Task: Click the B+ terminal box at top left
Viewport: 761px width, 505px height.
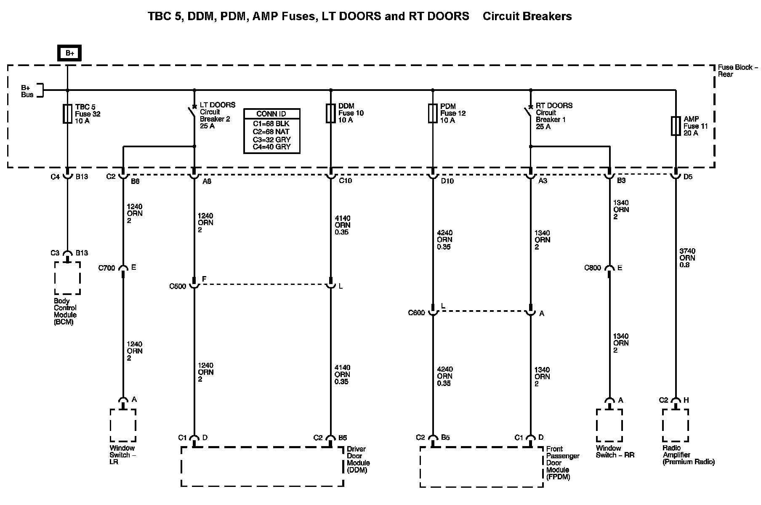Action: click(x=69, y=53)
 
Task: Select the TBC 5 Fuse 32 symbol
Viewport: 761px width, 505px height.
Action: click(x=67, y=114)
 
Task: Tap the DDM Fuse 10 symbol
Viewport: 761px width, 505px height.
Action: click(x=331, y=113)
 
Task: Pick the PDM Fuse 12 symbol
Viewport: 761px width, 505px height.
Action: click(x=433, y=114)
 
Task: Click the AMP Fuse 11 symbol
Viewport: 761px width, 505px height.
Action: click(x=676, y=126)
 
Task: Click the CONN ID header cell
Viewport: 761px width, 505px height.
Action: click(x=271, y=114)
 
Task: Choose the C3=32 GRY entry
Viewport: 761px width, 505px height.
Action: click(x=271, y=139)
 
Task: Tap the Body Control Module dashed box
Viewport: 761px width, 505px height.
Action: click(x=67, y=278)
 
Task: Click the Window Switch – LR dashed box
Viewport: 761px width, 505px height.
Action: click(x=123, y=425)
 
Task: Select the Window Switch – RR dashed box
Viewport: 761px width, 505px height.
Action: click(x=609, y=425)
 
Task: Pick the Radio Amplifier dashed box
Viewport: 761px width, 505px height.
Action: click(x=675, y=425)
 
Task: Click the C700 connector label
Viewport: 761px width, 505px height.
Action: click(x=106, y=268)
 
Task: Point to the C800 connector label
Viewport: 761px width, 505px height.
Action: click(x=593, y=268)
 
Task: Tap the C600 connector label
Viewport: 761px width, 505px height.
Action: click(x=417, y=313)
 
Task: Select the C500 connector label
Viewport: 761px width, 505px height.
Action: click(x=178, y=287)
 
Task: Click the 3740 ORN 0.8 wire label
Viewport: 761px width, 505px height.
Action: click(x=687, y=258)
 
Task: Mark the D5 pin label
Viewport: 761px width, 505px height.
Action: click(x=688, y=177)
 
